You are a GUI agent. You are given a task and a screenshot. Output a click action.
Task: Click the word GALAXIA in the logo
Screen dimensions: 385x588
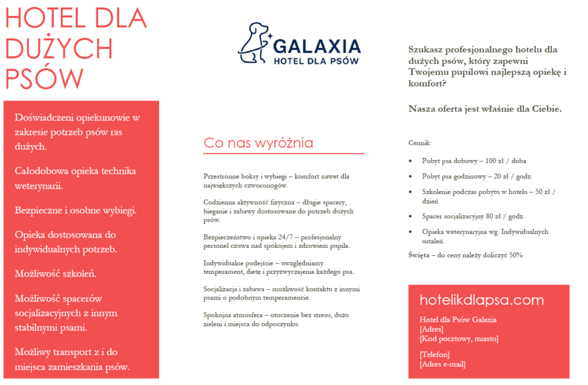coord(317,46)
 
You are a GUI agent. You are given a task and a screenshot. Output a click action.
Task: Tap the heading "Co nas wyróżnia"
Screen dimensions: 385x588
coord(258,143)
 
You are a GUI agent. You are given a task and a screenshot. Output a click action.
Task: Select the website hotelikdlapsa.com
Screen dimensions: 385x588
coord(481,300)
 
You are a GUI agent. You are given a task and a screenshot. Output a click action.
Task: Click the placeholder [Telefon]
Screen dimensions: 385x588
coord(435,355)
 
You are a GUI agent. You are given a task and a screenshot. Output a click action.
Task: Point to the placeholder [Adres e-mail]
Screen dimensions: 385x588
coord(443,364)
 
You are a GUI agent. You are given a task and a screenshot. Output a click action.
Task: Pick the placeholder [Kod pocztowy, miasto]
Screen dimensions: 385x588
coord(459,339)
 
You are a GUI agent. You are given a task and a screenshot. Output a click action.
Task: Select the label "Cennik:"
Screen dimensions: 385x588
coord(420,142)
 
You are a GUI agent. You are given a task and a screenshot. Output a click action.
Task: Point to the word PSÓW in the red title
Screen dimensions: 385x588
coord(44,78)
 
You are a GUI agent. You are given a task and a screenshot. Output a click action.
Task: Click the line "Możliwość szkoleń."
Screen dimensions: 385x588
coord(56,273)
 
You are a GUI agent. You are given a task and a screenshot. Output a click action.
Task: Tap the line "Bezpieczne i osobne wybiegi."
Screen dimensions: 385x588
coord(76,210)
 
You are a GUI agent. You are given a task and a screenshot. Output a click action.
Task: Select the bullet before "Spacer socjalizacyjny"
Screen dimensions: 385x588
coord(409,217)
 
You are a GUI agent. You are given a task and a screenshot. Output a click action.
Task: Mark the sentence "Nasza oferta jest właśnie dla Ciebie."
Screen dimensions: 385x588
coord(485,108)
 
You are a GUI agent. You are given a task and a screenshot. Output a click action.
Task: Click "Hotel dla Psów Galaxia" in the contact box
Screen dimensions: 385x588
coord(458,320)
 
